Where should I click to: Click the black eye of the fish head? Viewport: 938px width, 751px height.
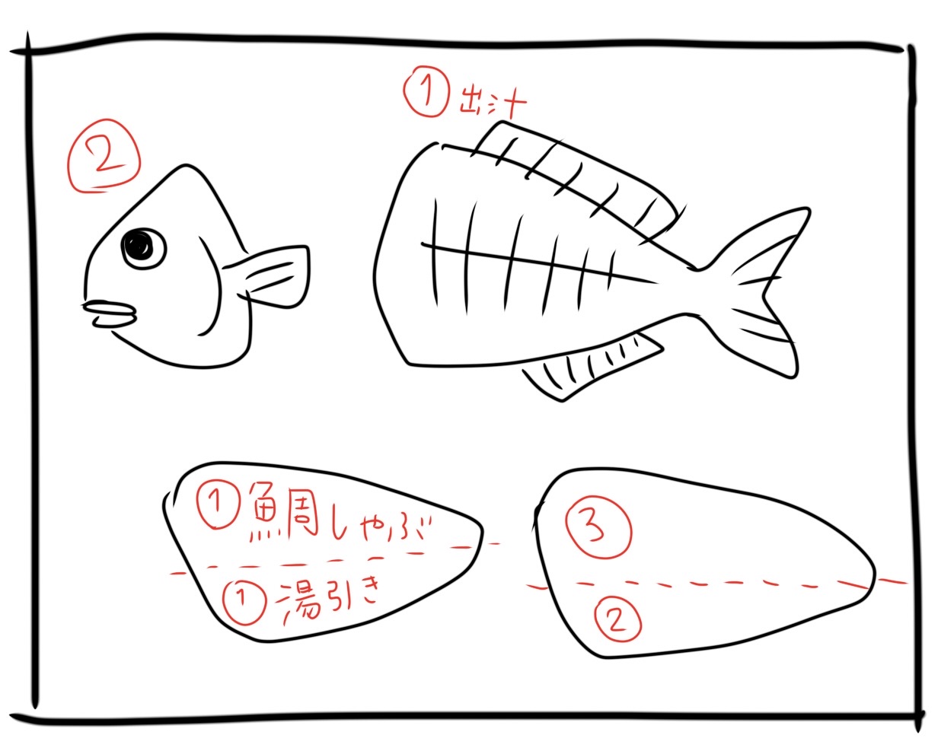pyautogui.click(x=144, y=248)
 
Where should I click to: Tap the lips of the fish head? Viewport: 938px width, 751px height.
pyautogui.click(x=110, y=313)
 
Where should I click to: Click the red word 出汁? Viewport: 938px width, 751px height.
pyautogui.click(x=493, y=103)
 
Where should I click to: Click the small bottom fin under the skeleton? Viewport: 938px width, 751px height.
pyautogui.click(x=593, y=366)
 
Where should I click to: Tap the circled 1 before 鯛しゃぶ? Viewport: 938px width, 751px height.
pyautogui.click(x=219, y=508)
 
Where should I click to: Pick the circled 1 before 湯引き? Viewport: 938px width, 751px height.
pyautogui.click(x=244, y=603)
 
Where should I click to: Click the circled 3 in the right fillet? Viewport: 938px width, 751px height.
pyautogui.click(x=598, y=530)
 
